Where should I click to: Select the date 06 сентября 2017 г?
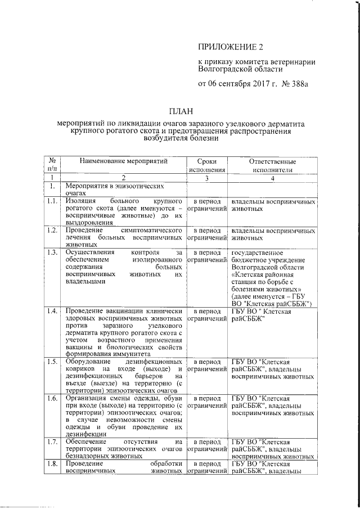[x=233, y=84]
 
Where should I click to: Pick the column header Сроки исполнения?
[x=208, y=165]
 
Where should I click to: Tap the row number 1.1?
[x=52, y=201]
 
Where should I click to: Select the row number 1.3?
[x=52, y=253]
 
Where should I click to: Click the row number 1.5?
[x=52, y=361]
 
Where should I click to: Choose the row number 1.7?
[x=52, y=442]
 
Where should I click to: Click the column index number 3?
[x=208, y=178]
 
